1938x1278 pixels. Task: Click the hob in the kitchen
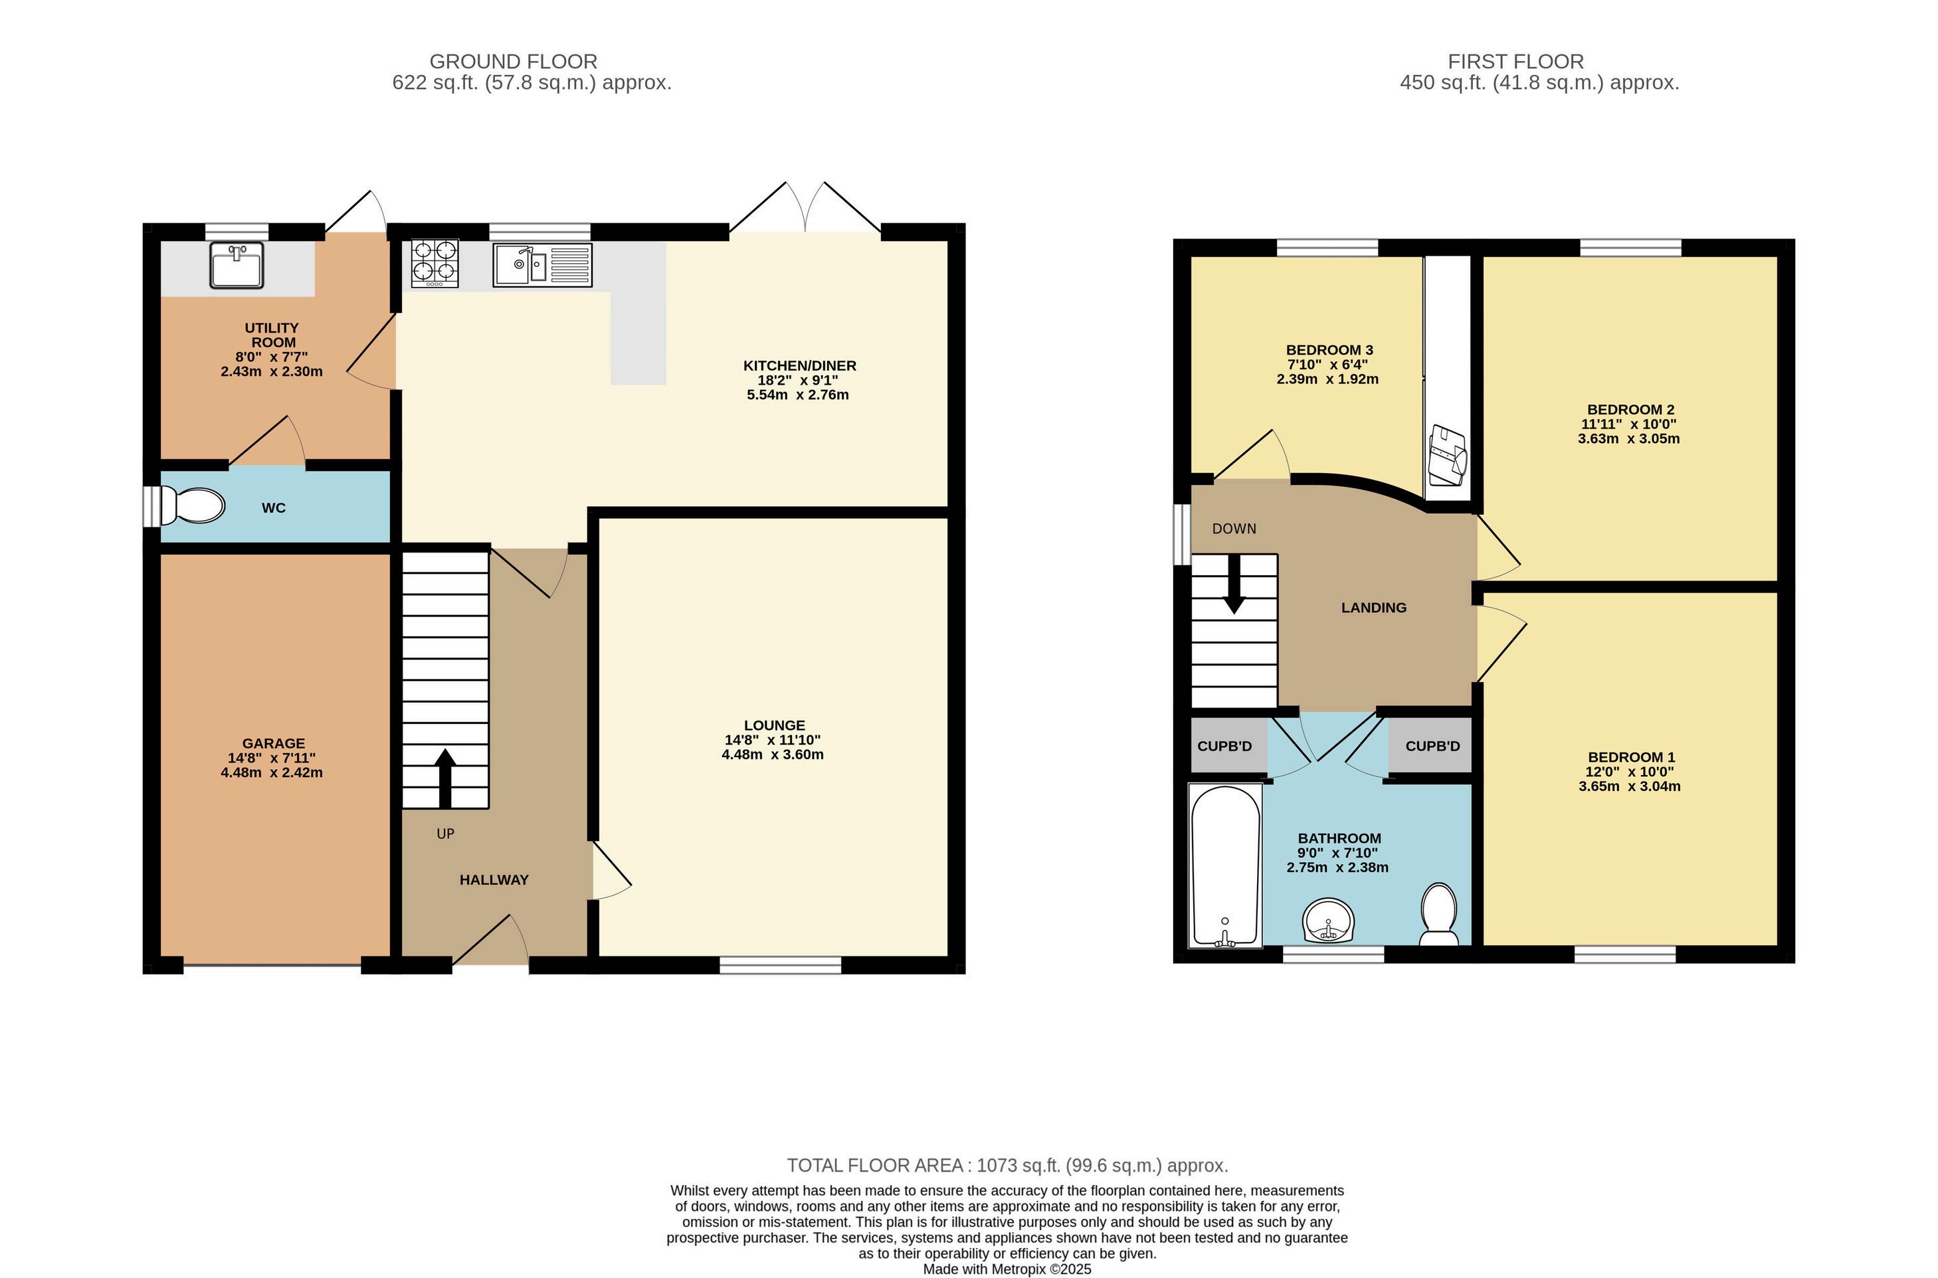point(435,263)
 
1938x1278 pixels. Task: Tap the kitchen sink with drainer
point(542,265)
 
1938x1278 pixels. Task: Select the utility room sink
point(237,265)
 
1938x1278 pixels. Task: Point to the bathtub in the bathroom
point(1226,866)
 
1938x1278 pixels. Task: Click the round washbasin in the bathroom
point(1329,920)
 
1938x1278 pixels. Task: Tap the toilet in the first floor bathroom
point(1439,915)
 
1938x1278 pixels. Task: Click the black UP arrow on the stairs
point(445,778)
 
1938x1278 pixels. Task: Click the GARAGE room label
point(274,743)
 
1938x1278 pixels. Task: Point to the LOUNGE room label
point(774,725)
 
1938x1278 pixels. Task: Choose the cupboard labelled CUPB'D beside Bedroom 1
point(1432,746)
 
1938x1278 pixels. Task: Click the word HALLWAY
point(494,880)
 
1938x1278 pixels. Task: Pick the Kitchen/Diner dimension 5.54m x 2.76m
point(798,395)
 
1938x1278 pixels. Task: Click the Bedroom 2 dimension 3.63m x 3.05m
point(1628,438)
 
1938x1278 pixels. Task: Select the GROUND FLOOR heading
point(514,62)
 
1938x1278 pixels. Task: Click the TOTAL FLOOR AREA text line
point(1007,1166)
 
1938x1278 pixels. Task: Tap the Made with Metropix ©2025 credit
point(1007,1270)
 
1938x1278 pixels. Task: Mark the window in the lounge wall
point(780,965)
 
